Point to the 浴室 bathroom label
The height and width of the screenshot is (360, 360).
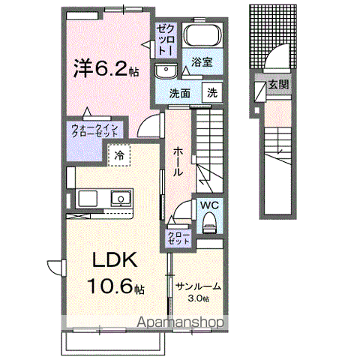201,63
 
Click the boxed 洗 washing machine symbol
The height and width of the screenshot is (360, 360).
213,94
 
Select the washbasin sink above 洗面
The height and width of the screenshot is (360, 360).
166,71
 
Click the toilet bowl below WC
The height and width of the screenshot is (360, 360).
209,220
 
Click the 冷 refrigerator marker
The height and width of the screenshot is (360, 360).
119,155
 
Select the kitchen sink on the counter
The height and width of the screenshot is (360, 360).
120,198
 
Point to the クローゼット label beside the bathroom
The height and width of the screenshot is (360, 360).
165,37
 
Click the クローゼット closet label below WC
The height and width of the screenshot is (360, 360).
178,238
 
